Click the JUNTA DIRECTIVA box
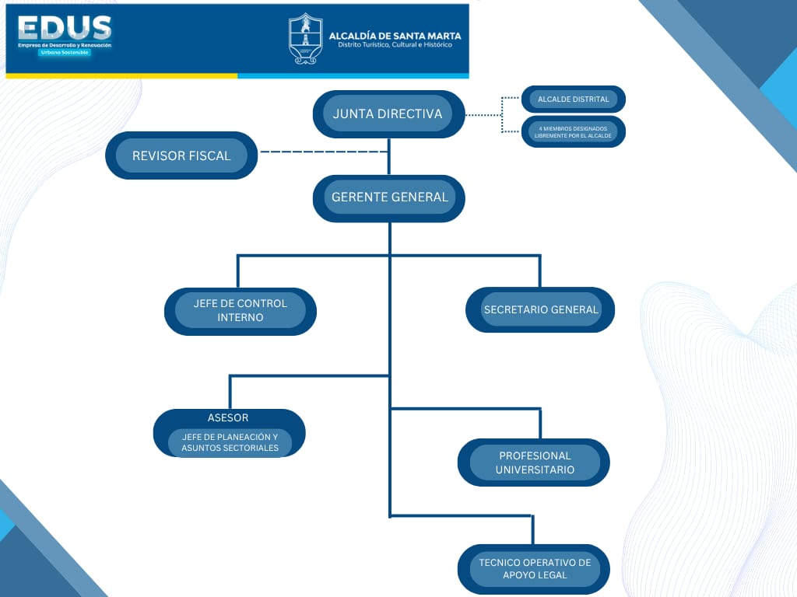[388, 114]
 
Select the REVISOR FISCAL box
[181, 155]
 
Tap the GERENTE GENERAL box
[389, 197]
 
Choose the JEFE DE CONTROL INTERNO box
[241, 311]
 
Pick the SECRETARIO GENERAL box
[540, 309]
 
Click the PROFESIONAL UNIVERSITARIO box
[535, 463]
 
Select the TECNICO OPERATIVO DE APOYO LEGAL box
[535, 568]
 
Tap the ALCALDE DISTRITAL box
[574, 99]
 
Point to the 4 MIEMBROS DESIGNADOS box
[574, 131]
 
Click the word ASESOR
[228, 418]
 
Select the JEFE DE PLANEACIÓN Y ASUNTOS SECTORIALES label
[230, 442]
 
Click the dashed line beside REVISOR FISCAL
[323, 152]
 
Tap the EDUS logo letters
[65, 29]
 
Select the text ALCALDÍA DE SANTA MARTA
[395, 36]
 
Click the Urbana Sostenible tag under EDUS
[65, 52]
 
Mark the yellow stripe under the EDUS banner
[121, 75]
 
